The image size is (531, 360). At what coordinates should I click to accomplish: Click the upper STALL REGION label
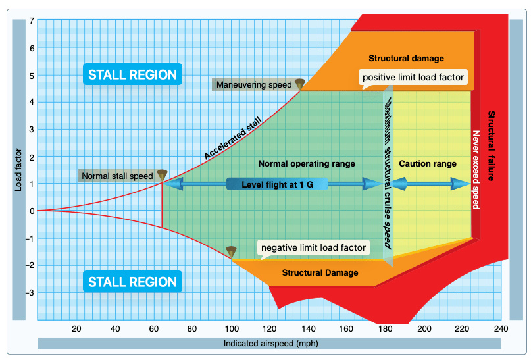click(132, 74)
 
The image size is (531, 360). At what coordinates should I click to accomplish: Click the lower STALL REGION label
click(132, 282)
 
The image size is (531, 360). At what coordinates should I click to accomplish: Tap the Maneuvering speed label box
click(253, 84)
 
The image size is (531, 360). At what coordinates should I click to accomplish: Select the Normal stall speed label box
click(117, 176)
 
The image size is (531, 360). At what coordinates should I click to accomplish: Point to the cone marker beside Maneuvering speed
click(300, 84)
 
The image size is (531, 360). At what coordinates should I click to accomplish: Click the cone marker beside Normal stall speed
click(163, 175)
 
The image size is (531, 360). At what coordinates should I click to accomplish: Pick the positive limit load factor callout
click(414, 78)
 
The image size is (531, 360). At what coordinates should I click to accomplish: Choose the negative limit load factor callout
click(313, 247)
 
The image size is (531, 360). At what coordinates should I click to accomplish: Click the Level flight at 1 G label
click(277, 184)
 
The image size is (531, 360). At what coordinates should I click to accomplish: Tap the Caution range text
click(428, 163)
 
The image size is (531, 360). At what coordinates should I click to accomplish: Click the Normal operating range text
click(307, 163)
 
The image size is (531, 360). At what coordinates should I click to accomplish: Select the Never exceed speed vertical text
click(476, 169)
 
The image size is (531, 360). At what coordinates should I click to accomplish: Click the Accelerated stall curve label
click(233, 138)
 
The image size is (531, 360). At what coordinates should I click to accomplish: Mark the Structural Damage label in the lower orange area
click(320, 272)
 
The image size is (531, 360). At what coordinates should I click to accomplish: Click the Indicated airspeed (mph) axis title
click(269, 343)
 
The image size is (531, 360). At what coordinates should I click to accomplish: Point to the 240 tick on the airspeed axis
click(501, 329)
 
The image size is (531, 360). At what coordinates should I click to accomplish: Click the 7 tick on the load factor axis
click(32, 21)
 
